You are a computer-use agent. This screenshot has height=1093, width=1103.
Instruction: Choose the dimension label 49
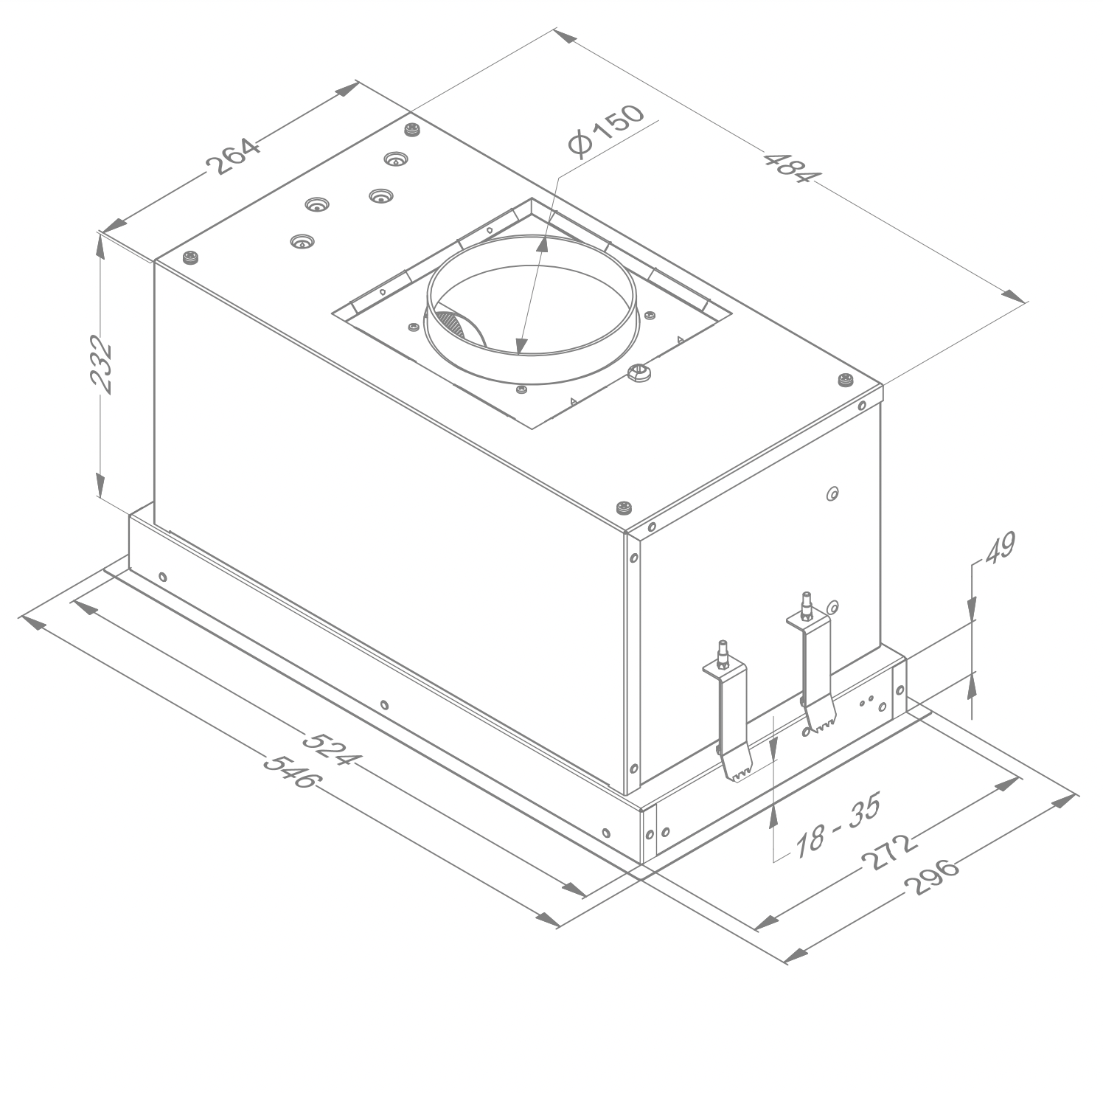tap(999, 547)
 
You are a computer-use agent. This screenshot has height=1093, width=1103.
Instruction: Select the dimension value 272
tap(888, 853)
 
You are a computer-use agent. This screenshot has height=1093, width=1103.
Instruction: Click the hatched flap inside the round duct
tap(451, 325)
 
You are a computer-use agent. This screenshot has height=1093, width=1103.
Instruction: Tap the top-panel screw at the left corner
tap(193, 257)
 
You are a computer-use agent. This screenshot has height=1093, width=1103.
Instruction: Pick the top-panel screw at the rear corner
tap(411, 131)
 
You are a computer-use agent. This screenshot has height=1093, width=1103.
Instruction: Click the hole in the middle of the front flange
tap(383, 704)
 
